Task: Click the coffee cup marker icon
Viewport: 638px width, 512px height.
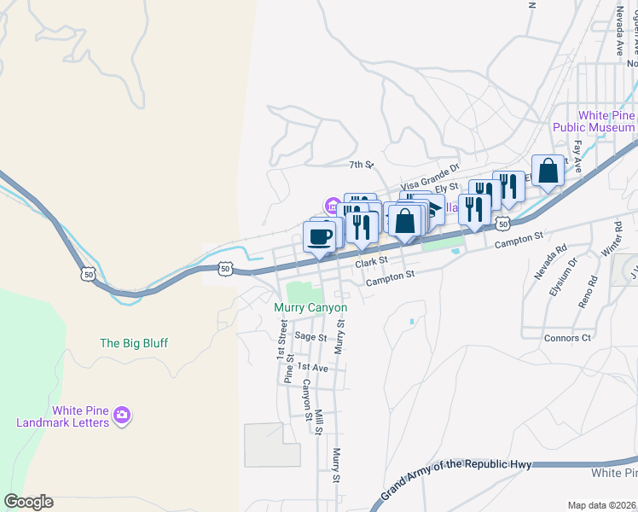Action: (x=320, y=236)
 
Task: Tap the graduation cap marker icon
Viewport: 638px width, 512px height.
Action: (x=436, y=207)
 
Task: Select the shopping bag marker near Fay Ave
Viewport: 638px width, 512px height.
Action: (x=548, y=171)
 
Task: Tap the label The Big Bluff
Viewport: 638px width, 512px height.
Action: (x=134, y=343)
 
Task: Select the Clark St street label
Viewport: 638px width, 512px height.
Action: (x=372, y=260)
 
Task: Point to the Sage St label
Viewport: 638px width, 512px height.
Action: (x=310, y=337)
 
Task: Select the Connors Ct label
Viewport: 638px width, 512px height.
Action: (x=567, y=338)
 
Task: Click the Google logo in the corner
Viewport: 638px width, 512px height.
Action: (x=28, y=502)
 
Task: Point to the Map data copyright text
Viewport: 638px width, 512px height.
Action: (x=602, y=505)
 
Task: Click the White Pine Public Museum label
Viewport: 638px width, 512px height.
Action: (x=605, y=121)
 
